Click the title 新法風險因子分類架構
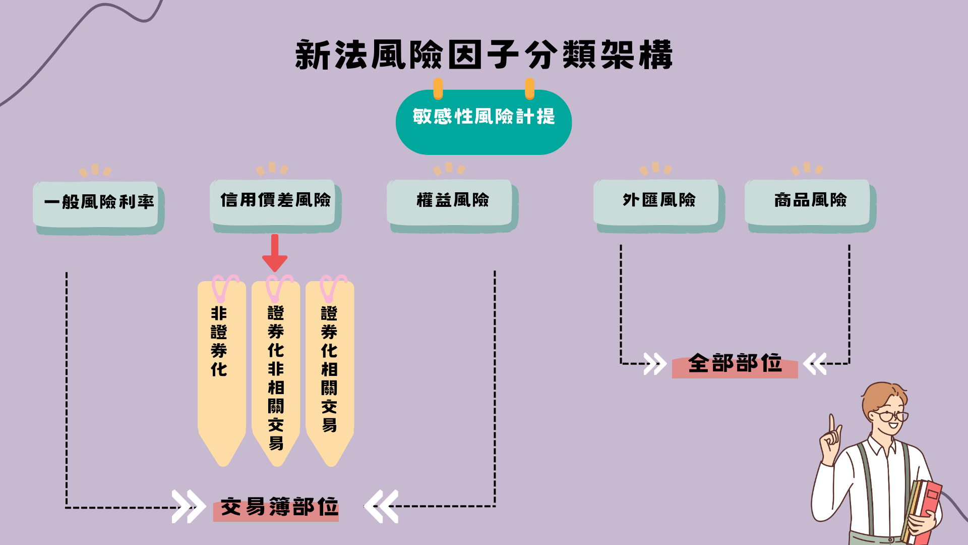point(484,54)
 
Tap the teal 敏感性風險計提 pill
point(483,122)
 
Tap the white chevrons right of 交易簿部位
point(382,506)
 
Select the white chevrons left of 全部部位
point(654,364)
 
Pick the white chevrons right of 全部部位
point(815,364)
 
